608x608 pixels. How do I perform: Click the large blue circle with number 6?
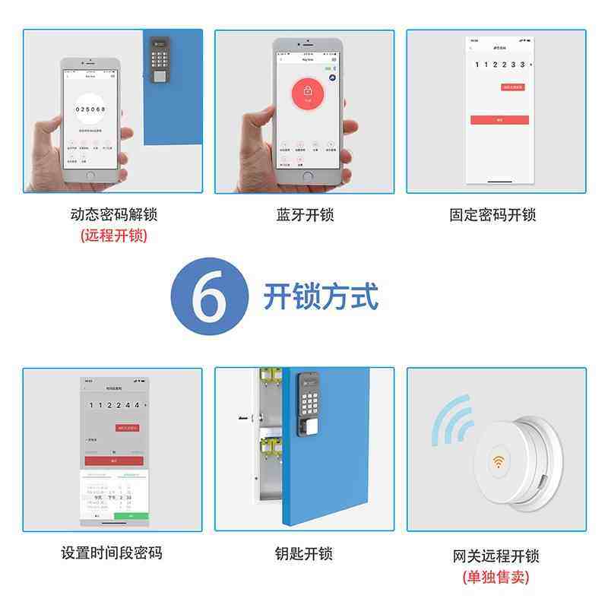210,297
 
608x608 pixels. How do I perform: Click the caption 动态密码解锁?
113,215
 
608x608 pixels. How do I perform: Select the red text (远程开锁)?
113,236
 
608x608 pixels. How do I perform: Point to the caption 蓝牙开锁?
304,215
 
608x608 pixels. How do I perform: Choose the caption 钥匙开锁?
304,553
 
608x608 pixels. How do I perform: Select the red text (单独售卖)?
496,577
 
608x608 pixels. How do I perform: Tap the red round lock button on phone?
308,93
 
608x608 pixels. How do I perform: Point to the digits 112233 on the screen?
502,65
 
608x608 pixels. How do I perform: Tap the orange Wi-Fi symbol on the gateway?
499,461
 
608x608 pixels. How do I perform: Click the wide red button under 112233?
499,120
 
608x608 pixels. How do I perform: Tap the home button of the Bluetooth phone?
307,176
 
